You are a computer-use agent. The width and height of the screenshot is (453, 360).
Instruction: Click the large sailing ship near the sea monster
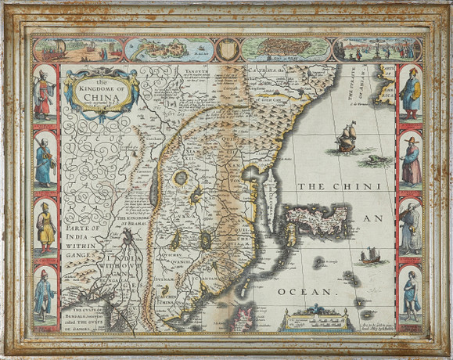[x=345, y=144]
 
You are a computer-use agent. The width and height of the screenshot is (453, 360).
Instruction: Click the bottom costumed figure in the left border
[x=45, y=293]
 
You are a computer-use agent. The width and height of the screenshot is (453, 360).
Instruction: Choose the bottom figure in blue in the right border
[x=408, y=293]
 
